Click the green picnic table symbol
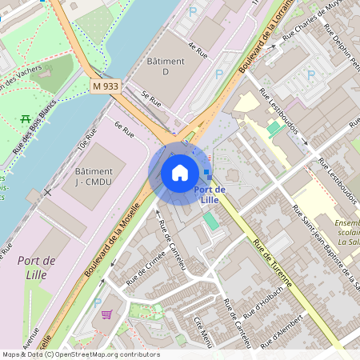[x=26, y=120]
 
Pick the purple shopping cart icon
[x=106, y=314]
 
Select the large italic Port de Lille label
[x=36, y=267]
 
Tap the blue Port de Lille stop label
[x=210, y=194]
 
